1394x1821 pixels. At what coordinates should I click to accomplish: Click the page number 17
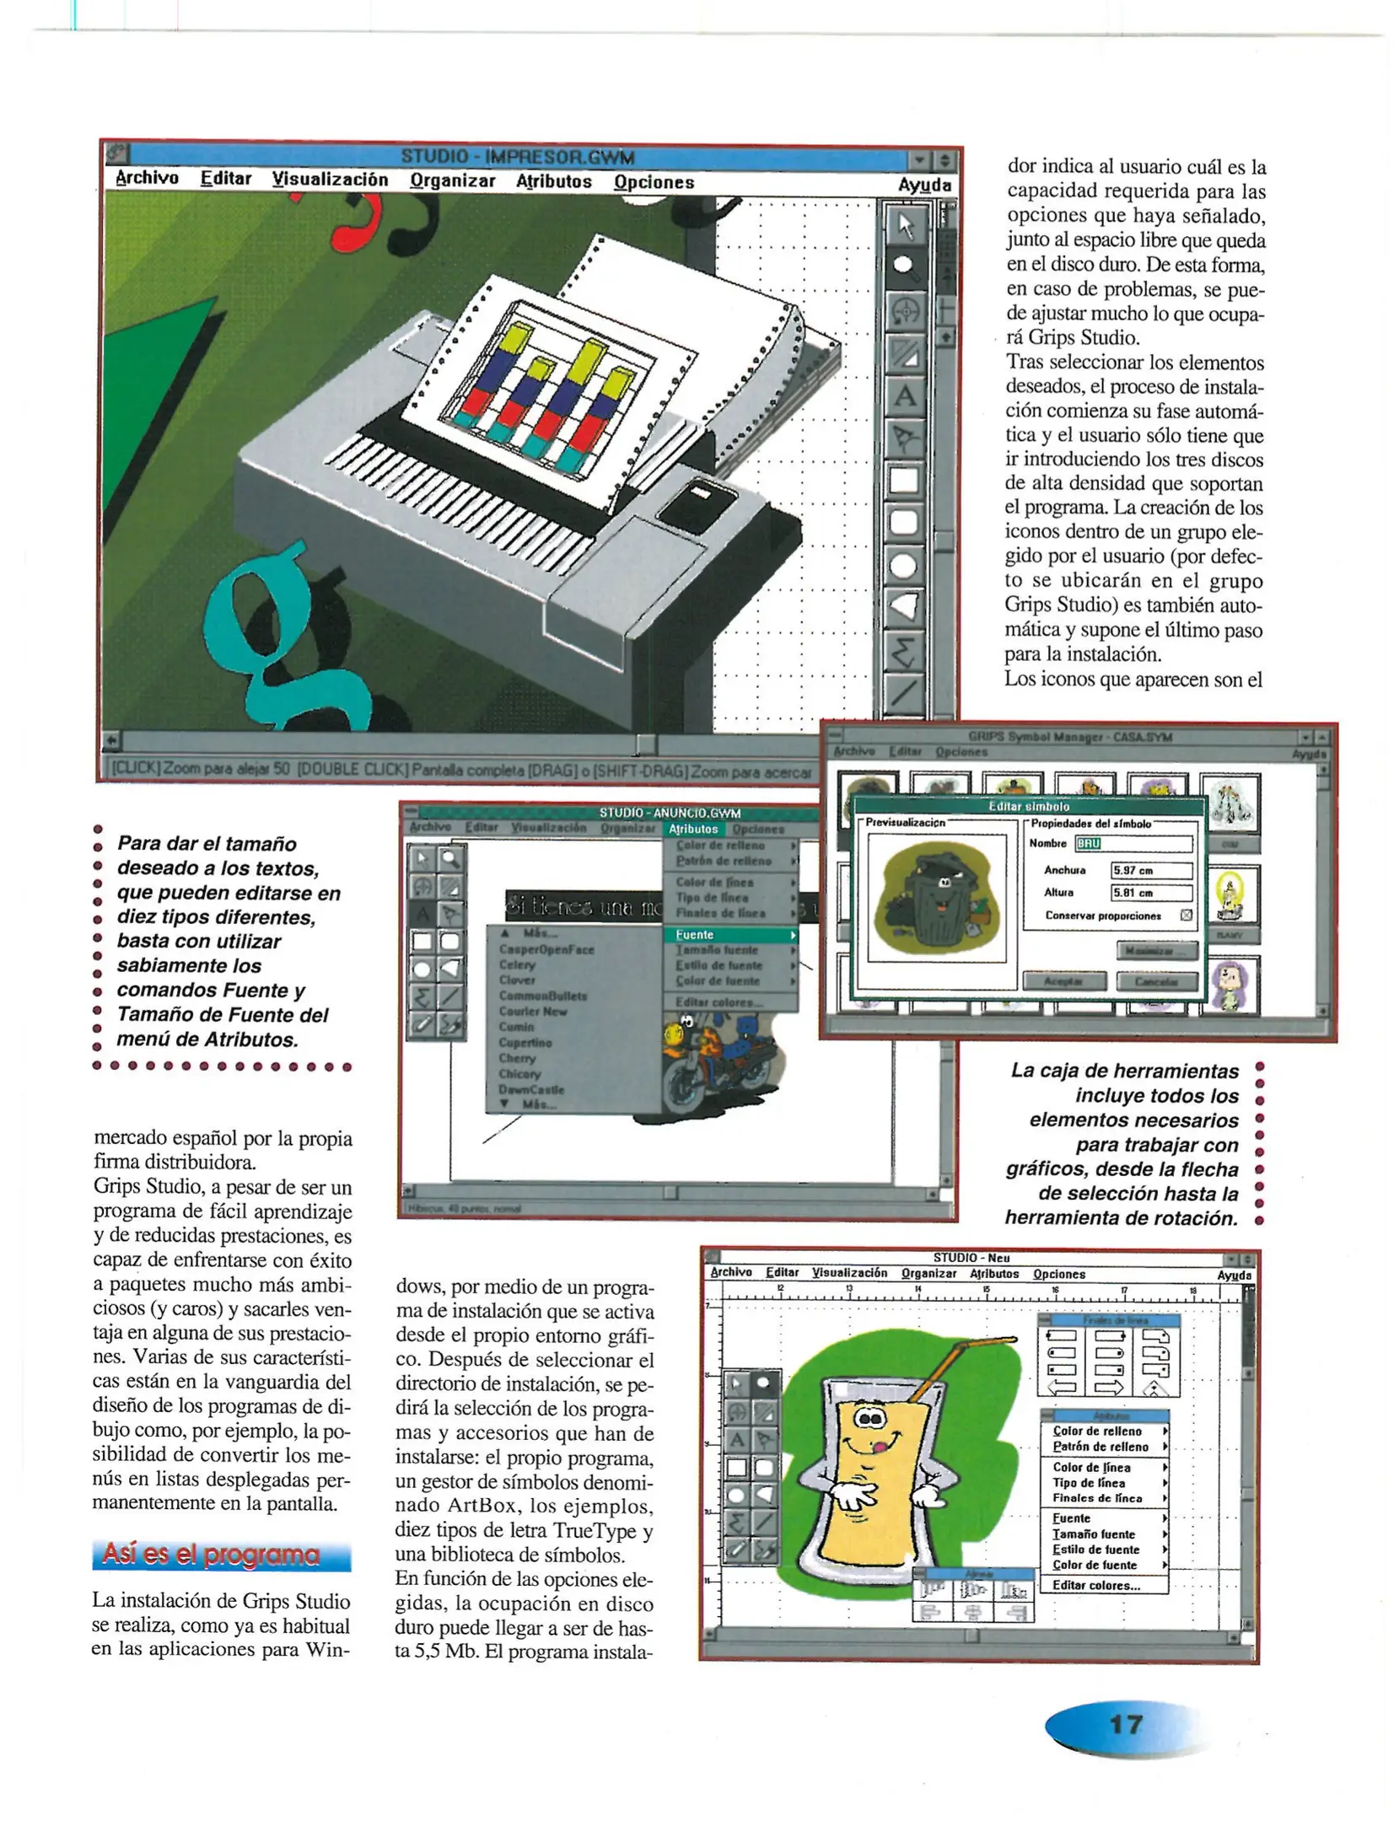click(x=1126, y=1723)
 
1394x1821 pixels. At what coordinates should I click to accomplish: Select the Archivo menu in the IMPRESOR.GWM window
click(x=147, y=178)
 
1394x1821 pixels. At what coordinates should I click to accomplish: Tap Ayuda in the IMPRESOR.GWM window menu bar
click(x=924, y=185)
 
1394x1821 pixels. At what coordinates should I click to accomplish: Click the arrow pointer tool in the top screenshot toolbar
click(x=905, y=226)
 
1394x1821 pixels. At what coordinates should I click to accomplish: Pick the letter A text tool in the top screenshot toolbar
click(x=904, y=395)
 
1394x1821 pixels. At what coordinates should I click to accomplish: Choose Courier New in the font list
click(x=533, y=1011)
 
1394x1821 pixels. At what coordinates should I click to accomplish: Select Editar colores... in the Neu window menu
click(x=1095, y=1585)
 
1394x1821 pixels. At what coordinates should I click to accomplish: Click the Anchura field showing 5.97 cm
click(x=1150, y=870)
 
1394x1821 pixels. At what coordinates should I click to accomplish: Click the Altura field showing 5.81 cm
click(x=1150, y=892)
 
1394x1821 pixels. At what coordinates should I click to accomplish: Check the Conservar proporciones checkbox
click(x=1186, y=915)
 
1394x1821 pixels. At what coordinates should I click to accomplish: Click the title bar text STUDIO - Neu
click(x=971, y=1257)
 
